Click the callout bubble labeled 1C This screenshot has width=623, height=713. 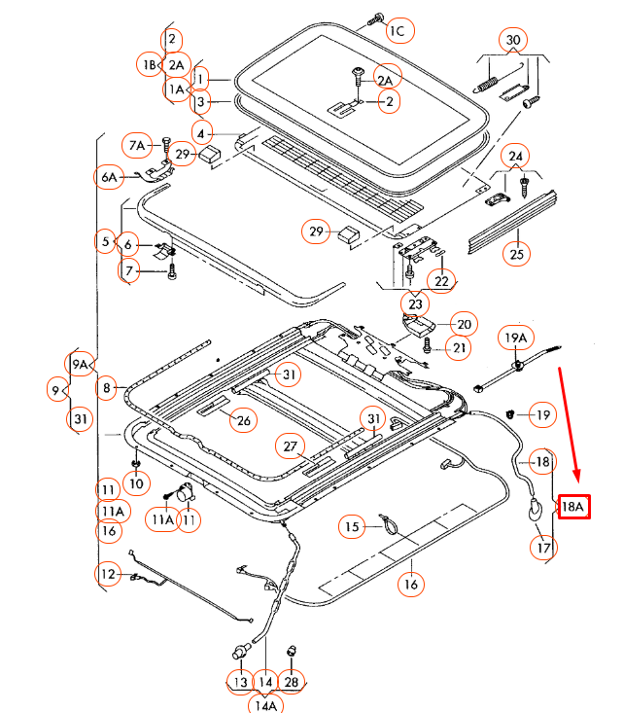point(398,31)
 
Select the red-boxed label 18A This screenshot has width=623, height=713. point(573,506)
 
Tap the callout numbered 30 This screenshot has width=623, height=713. point(513,41)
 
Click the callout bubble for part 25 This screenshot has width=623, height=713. point(517,256)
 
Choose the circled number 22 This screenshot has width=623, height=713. point(442,281)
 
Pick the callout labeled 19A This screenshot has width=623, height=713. point(516,339)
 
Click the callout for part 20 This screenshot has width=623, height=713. point(463,324)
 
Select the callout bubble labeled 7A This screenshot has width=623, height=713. point(137,146)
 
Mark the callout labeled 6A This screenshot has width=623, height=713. point(108,177)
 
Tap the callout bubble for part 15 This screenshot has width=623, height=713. point(353,527)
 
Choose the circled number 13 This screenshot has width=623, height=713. point(240,682)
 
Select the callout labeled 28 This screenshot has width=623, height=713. point(292,682)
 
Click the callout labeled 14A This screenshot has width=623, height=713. point(264,704)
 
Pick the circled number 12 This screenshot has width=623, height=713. point(109,575)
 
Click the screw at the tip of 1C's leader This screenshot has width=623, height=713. point(376,18)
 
